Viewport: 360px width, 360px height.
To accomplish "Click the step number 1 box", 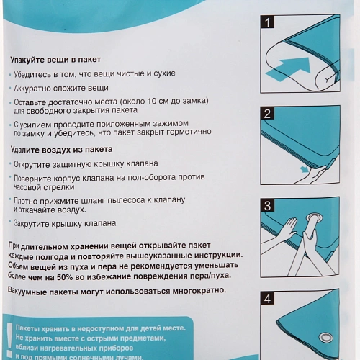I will tap(267, 23).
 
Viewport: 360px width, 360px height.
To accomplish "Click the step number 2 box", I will tap(267, 114).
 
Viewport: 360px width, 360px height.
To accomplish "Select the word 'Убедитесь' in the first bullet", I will tap(31, 73).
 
